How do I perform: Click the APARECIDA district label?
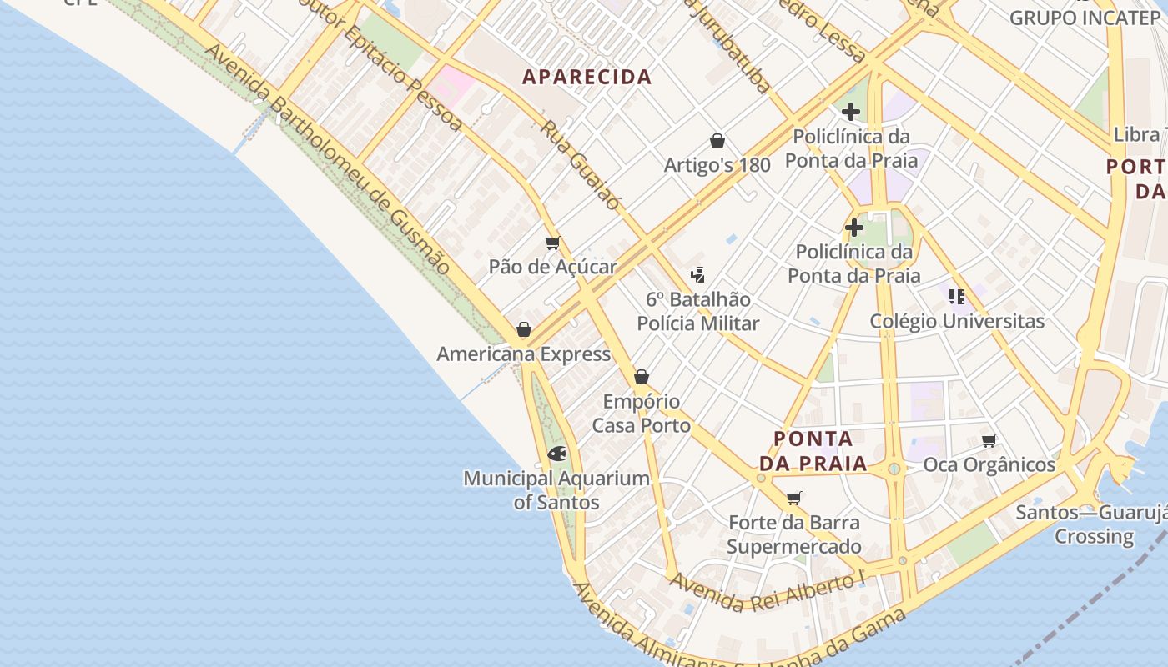click(x=587, y=77)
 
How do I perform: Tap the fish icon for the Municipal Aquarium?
click(x=556, y=454)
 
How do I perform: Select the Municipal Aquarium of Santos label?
click(x=556, y=490)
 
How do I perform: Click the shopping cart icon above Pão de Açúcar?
click(x=552, y=243)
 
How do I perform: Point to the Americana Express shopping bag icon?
click(x=524, y=330)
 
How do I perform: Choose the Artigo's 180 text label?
click(x=717, y=165)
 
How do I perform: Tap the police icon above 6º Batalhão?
click(x=697, y=275)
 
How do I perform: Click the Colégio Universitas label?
click(x=957, y=321)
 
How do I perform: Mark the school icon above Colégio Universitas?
click(x=957, y=296)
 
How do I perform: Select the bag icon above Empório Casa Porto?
click(x=641, y=378)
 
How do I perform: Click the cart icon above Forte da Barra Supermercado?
click(x=794, y=499)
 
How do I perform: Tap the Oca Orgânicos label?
click(x=989, y=464)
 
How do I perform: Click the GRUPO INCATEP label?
click(x=1084, y=18)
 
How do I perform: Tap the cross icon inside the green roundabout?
click(x=853, y=228)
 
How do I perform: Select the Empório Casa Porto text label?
click(x=641, y=414)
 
